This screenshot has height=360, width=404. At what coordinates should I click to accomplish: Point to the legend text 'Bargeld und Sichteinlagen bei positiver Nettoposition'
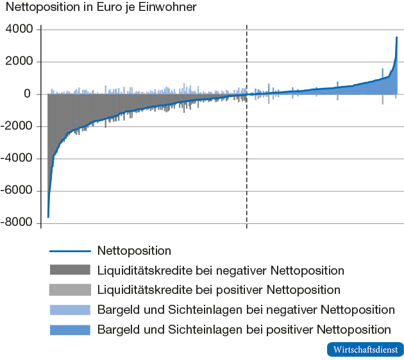pos(244,330)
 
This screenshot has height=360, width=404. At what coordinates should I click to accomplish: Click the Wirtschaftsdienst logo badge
pos(365,350)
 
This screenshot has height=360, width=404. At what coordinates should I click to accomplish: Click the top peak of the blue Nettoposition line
pos(396,37)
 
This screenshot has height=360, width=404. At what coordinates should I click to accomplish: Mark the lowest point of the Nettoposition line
pos(48,217)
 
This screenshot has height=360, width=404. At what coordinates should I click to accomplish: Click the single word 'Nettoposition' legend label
pos(135,251)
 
